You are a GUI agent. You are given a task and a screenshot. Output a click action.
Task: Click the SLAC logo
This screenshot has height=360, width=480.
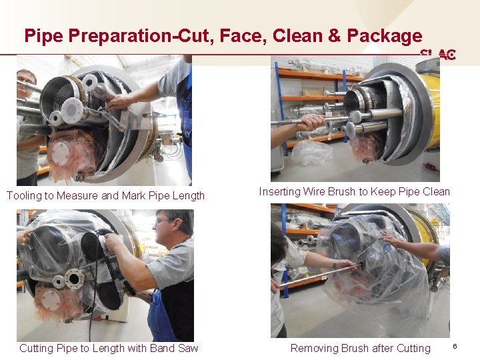click(438, 54)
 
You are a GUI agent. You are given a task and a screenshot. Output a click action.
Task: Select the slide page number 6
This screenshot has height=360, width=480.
click(455, 346)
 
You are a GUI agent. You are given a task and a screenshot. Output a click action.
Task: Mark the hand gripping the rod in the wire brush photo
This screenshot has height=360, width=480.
click(311, 122)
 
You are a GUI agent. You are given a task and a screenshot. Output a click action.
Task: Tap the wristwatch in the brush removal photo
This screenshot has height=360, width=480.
click(335, 263)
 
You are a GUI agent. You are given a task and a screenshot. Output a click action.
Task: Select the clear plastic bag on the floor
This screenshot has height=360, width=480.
click(311, 153)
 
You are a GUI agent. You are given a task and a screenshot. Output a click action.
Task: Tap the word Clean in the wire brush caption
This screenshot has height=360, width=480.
click(436, 191)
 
